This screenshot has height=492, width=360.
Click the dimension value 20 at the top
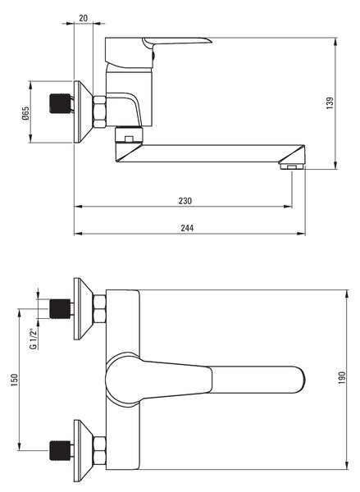click(83, 18)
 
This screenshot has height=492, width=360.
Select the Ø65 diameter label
click(25, 113)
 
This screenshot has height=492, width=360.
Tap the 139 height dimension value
click(330, 103)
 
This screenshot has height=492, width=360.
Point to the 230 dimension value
click(185, 201)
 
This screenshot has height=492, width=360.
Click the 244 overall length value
click(187, 228)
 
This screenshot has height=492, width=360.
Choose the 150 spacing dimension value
click(15, 380)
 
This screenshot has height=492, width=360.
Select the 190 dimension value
click(342, 378)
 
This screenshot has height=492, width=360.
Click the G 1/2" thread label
click(33, 338)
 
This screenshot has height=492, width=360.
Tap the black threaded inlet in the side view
click(60, 103)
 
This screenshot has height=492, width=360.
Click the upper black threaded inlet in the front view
click(60, 309)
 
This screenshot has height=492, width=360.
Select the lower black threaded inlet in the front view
click(60, 450)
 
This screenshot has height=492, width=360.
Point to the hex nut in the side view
click(99, 112)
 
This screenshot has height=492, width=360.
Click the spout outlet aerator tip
click(292, 166)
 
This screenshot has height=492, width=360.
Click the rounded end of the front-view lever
click(301, 380)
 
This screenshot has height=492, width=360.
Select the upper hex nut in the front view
click(99, 309)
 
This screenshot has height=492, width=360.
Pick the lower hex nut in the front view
click(99, 450)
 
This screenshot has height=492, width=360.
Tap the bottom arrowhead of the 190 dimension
click(347, 465)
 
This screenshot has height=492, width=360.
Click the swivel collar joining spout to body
click(129, 134)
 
